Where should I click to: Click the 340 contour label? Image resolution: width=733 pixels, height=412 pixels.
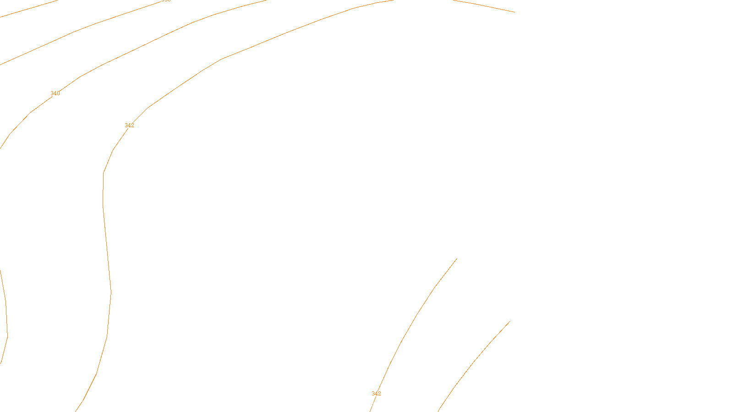(55, 93)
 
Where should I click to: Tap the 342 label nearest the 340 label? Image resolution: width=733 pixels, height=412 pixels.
(130, 125)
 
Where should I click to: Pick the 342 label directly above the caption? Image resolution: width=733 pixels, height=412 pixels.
(376, 394)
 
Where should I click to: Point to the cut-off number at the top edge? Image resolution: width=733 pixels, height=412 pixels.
(166, 1)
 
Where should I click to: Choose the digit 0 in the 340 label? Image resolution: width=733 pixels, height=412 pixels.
(58, 93)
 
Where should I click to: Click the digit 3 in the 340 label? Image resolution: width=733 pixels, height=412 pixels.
(52, 93)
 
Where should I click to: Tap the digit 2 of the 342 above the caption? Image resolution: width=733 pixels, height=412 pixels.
(379, 394)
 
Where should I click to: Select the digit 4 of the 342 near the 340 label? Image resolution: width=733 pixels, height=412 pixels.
(130, 125)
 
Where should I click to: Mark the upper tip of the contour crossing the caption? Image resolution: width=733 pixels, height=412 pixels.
(457, 259)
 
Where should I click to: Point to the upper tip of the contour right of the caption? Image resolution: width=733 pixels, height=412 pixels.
(510, 321)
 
